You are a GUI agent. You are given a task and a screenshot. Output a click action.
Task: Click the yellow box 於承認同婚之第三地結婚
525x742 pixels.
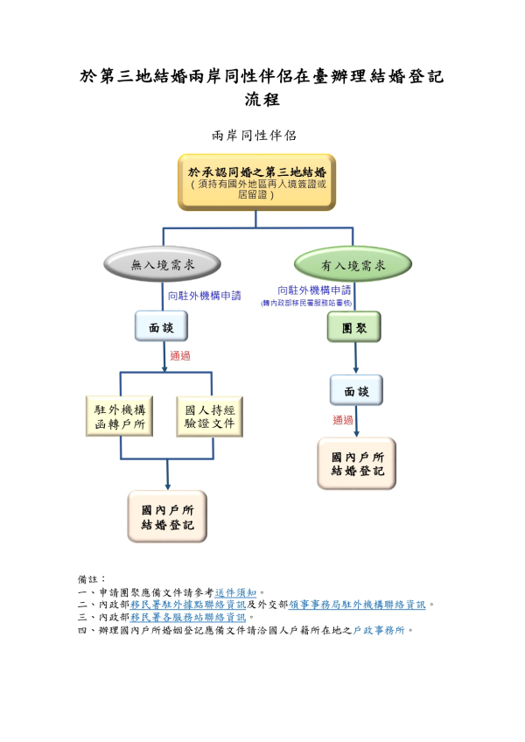coord(256,182)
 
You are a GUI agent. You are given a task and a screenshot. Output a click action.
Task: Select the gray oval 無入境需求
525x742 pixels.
coord(162,264)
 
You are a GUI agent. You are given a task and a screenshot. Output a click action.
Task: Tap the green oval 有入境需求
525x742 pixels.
coord(353,264)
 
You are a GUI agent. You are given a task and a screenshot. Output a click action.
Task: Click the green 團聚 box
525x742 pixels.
coord(353,326)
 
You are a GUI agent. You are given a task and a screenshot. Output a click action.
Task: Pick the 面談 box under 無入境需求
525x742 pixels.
coord(162,326)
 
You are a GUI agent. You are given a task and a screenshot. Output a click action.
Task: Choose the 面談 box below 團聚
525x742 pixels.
coord(356,390)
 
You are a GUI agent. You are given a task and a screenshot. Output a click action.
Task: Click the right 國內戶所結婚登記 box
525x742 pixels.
coord(356,464)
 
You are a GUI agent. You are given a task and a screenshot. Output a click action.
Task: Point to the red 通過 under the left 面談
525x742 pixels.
coord(180,356)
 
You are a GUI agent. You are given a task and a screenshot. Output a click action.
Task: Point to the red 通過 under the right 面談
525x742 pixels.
coord(343,420)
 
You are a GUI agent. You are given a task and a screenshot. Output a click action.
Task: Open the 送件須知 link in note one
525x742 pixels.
coord(235,592)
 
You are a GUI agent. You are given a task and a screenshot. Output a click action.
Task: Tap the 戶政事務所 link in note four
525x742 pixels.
coord(380,629)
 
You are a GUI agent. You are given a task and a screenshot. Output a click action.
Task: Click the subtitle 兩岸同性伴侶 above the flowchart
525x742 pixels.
coord(255,136)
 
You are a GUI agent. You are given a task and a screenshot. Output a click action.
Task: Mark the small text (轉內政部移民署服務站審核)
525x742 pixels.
coord(306,303)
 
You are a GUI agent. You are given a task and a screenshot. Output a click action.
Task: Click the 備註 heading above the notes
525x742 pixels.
coord(92,579)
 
